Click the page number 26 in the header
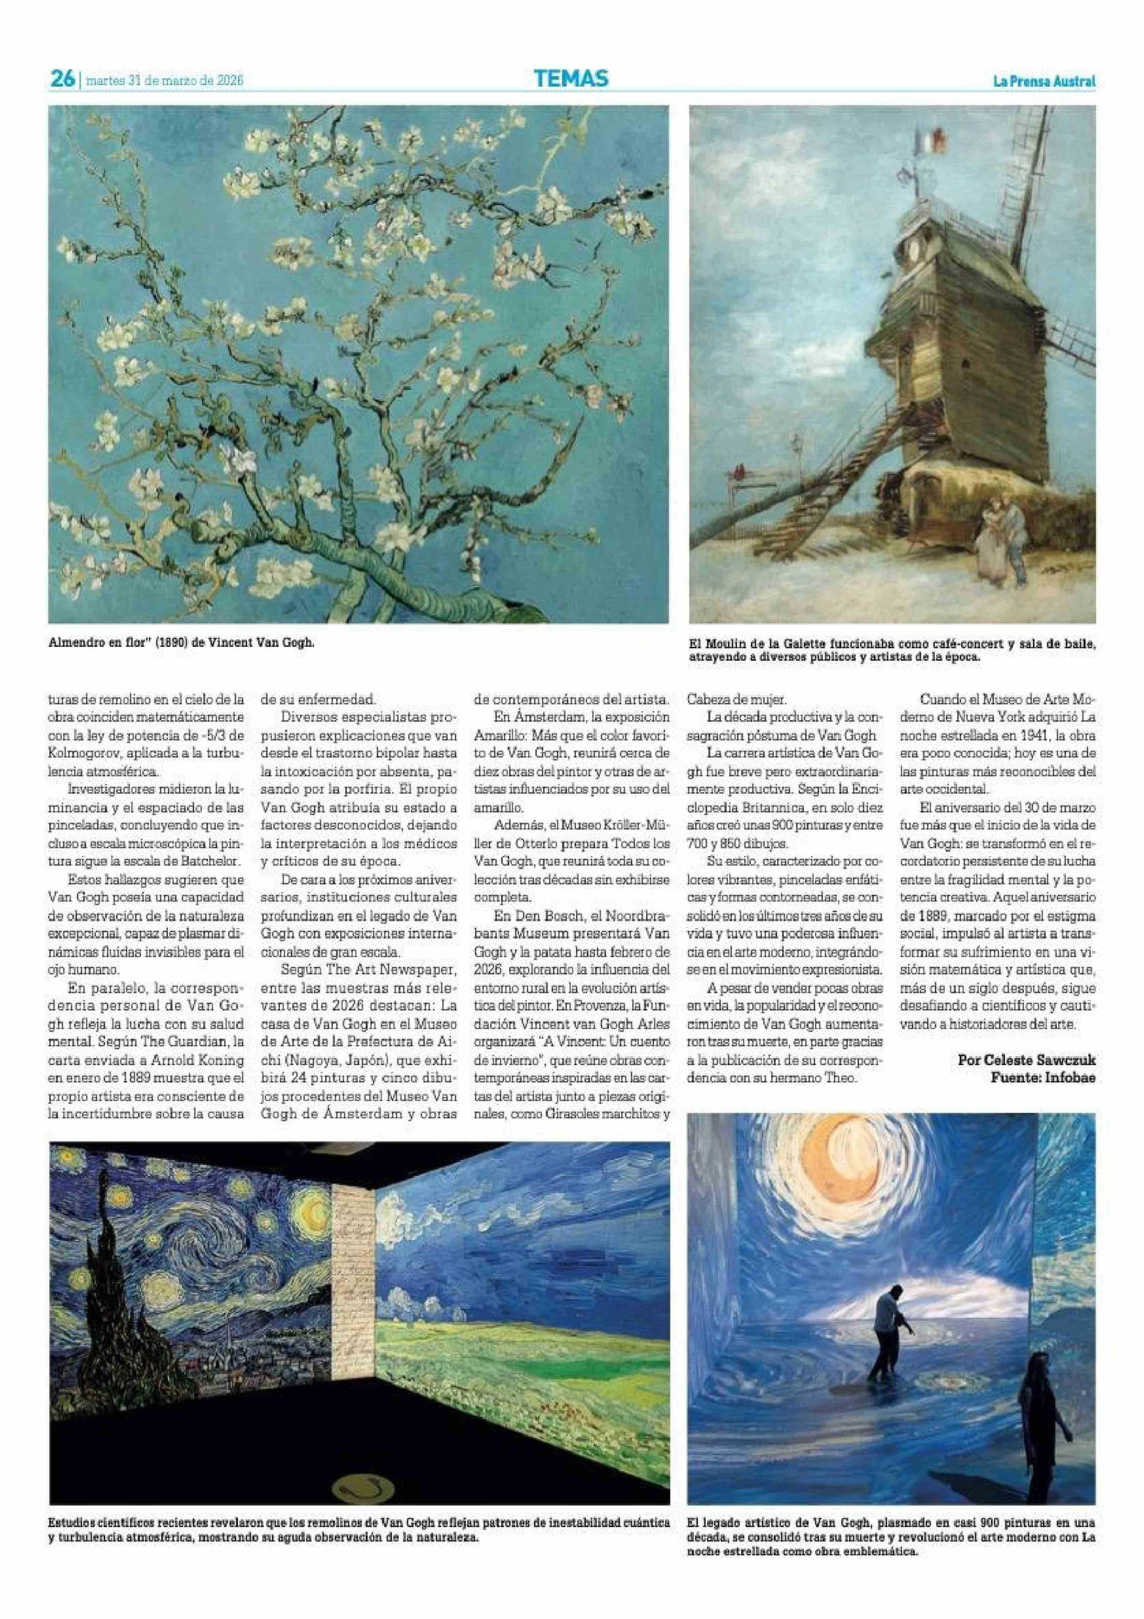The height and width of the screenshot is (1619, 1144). point(62,80)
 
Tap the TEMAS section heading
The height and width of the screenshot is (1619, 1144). point(571,79)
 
